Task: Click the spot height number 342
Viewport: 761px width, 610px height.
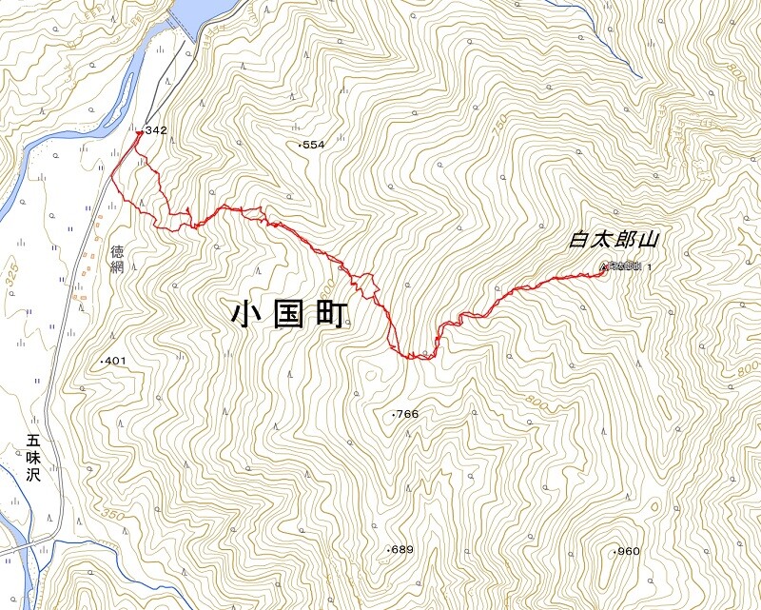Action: (x=157, y=130)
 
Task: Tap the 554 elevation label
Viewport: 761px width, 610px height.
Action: (x=313, y=145)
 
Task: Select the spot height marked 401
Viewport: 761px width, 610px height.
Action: (x=114, y=362)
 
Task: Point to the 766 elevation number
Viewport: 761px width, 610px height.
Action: (x=406, y=414)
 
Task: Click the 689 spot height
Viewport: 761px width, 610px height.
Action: (x=401, y=550)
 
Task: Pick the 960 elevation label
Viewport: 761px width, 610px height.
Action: (x=628, y=552)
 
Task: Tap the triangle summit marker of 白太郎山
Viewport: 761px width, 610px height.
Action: (x=604, y=267)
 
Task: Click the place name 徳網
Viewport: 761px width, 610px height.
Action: (x=118, y=259)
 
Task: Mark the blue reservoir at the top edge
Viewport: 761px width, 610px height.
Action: (x=205, y=11)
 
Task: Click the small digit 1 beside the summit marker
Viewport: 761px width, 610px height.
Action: (x=650, y=267)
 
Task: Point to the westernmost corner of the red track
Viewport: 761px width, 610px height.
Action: (x=112, y=174)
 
